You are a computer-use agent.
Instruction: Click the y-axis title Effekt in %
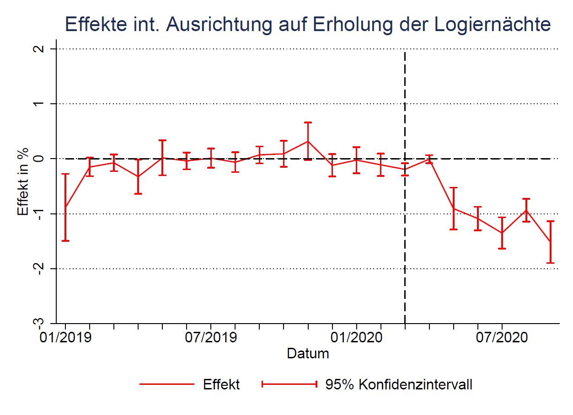point(23,181)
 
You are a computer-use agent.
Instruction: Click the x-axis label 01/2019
point(65,338)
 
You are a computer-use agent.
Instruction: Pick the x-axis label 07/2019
point(211,338)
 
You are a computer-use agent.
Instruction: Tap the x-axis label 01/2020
point(356,338)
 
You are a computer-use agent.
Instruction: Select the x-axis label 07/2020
point(502,338)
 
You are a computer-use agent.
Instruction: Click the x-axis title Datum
point(308,353)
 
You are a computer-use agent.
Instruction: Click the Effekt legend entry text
point(221,384)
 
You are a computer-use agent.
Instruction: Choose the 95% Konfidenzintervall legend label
point(399,384)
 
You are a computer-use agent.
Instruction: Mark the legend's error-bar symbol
point(289,384)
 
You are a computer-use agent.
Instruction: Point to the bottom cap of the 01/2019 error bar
point(65,240)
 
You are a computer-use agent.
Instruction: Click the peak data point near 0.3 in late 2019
point(308,141)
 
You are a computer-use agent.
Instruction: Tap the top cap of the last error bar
point(551,221)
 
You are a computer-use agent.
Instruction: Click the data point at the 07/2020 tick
point(502,233)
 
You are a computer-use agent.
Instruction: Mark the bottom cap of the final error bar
point(551,263)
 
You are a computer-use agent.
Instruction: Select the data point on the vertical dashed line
point(405,169)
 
